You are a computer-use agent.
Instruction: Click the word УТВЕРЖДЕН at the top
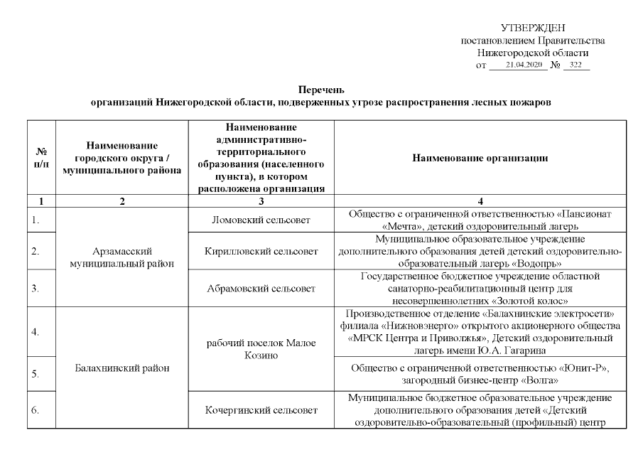pos(533,28)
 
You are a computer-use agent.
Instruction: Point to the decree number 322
pos(576,65)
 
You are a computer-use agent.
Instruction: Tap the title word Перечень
pos(321,90)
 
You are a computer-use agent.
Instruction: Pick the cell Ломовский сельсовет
pos(261,220)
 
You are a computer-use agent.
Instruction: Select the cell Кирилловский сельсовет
pos(261,250)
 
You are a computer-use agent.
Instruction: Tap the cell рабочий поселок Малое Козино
pos(261,349)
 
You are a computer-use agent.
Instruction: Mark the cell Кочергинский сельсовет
pos(261,410)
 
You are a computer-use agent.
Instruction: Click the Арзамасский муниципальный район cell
pos(123,257)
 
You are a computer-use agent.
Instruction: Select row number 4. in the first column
pos(36,331)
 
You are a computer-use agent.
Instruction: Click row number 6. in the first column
pos(36,410)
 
